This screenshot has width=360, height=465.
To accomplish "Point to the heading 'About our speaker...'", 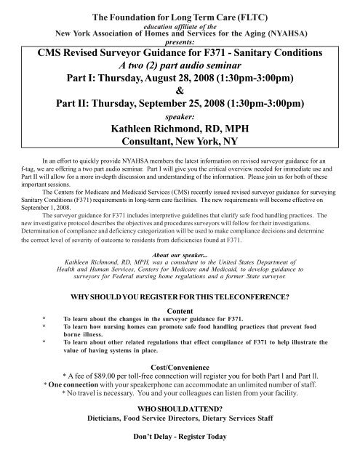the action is click(179, 255).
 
